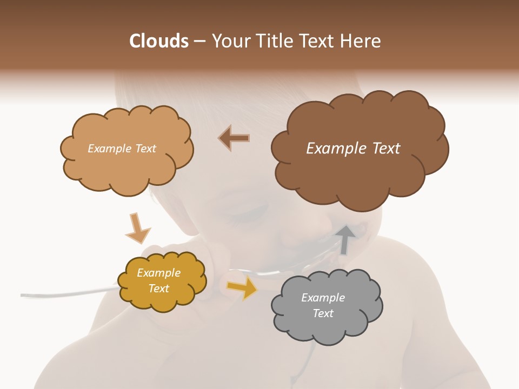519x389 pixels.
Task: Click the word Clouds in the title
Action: coord(159,41)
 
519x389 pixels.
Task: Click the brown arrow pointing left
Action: coord(234,138)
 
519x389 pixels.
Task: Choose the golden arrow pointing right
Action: coord(242,288)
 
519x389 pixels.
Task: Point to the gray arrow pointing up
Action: coord(345,238)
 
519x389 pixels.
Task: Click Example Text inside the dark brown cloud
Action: coord(353,149)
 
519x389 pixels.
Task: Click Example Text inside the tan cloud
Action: coord(122,149)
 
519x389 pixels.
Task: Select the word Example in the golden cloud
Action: coord(158,273)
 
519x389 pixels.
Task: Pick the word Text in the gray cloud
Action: coord(323,313)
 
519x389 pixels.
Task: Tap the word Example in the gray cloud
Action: coord(323,298)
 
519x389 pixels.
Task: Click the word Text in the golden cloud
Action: coord(158,289)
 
